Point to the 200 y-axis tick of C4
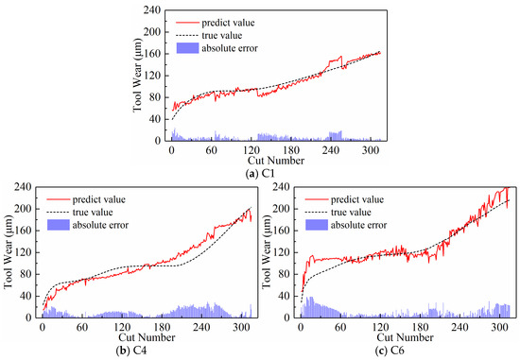(x=21, y=208)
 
